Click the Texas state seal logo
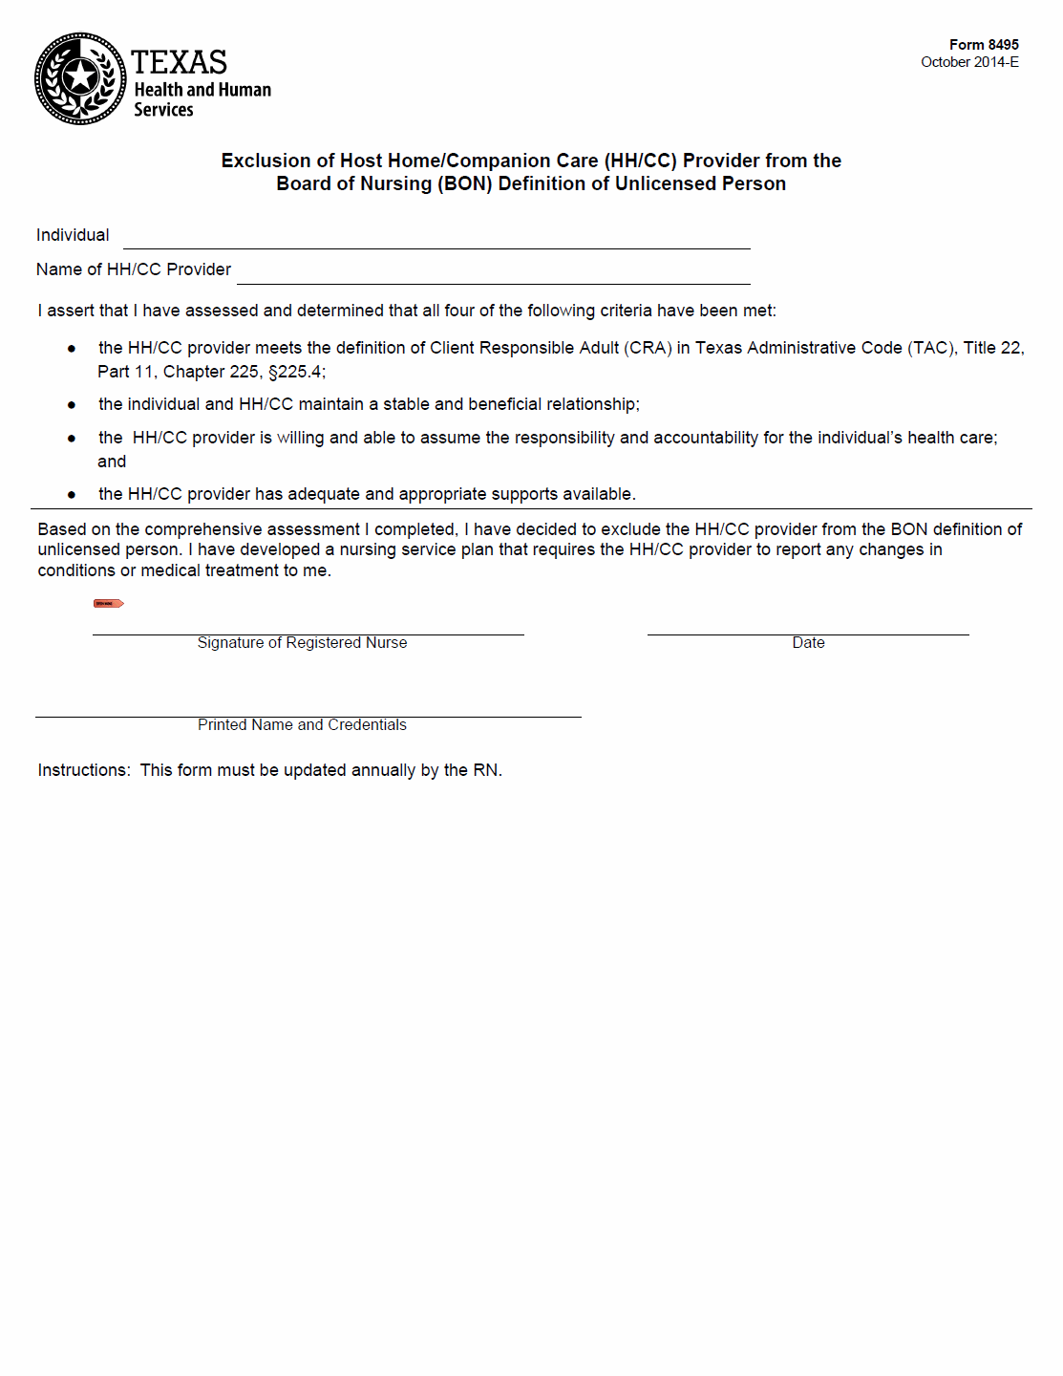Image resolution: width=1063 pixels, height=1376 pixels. [x=80, y=78]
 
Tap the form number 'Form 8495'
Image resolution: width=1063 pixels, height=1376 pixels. [x=983, y=45]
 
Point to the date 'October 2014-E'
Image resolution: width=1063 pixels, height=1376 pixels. [x=968, y=62]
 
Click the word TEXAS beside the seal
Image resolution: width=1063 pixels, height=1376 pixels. [x=179, y=63]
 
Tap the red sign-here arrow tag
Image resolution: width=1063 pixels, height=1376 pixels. [x=108, y=603]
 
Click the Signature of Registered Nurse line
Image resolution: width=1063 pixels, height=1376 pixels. [x=308, y=631]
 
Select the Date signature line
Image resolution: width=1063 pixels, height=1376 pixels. [x=807, y=631]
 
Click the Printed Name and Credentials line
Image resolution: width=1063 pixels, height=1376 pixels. [x=308, y=713]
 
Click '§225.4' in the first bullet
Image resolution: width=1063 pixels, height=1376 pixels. [x=296, y=372]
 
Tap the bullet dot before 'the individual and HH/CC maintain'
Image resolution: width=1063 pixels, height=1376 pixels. [x=72, y=405]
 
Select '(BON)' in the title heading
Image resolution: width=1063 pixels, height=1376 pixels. [x=464, y=183]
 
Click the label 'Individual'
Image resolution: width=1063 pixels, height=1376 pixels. [x=73, y=235]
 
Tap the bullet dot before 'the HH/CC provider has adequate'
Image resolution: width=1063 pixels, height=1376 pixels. [x=72, y=495]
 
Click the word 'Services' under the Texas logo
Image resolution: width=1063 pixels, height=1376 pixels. [x=163, y=110]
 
